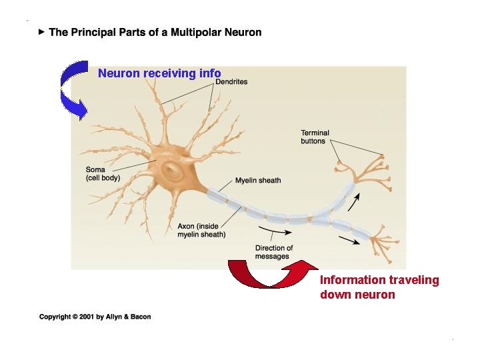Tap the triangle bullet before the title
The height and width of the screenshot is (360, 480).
click(x=41, y=31)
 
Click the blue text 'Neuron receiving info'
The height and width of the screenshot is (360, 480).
click(x=159, y=73)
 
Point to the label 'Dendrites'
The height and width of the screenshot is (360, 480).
click(x=231, y=82)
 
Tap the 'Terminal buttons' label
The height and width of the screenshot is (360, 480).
click(x=315, y=137)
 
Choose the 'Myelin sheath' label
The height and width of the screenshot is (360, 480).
click(x=258, y=180)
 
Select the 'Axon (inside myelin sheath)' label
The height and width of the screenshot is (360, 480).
click(x=201, y=231)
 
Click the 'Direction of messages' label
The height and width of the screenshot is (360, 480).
click(x=273, y=252)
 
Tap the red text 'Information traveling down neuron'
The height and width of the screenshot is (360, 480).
click(x=379, y=287)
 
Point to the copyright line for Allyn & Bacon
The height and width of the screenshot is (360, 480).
click(x=95, y=317)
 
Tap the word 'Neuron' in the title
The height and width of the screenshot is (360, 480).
click(x=243, y=32)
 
